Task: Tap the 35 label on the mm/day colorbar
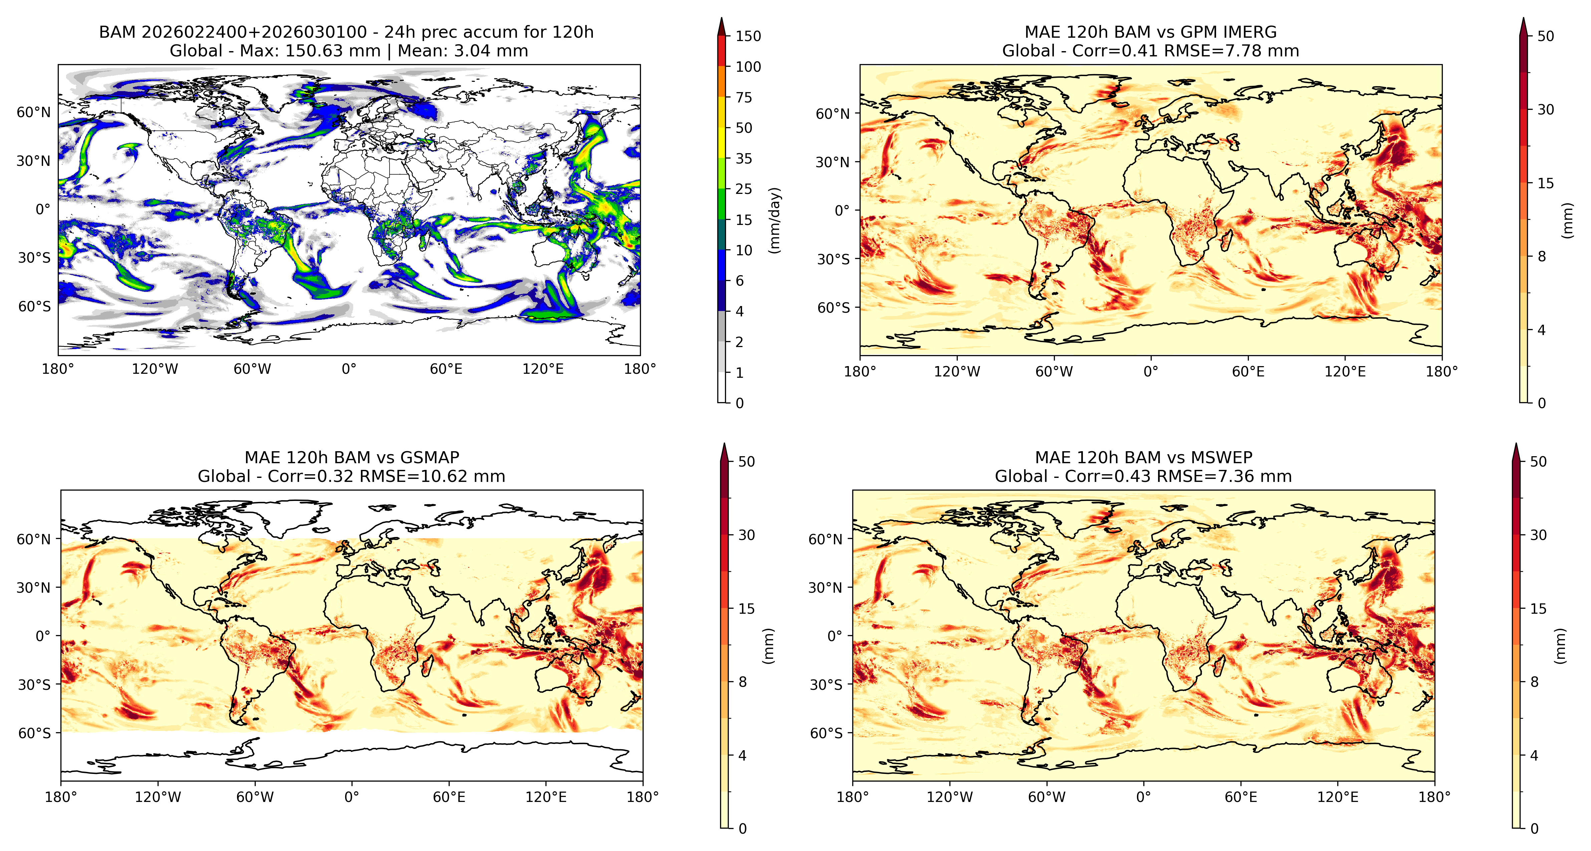pyautogui.click(x=744, y=159)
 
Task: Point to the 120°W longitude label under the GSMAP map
pyautogui.click(x=158, y=797)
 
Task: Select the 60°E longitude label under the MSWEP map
pyautogui.click(x=1241, y=797)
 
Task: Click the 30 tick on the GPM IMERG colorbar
pyautogui.click(x=1545, y=110)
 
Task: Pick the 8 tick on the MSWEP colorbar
pyautogui.click(x=1534, y=682)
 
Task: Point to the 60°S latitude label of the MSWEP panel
pyautogui.click(x=826, y=733)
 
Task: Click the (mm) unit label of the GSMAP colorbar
pyautogui.click(x=768, y=646)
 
